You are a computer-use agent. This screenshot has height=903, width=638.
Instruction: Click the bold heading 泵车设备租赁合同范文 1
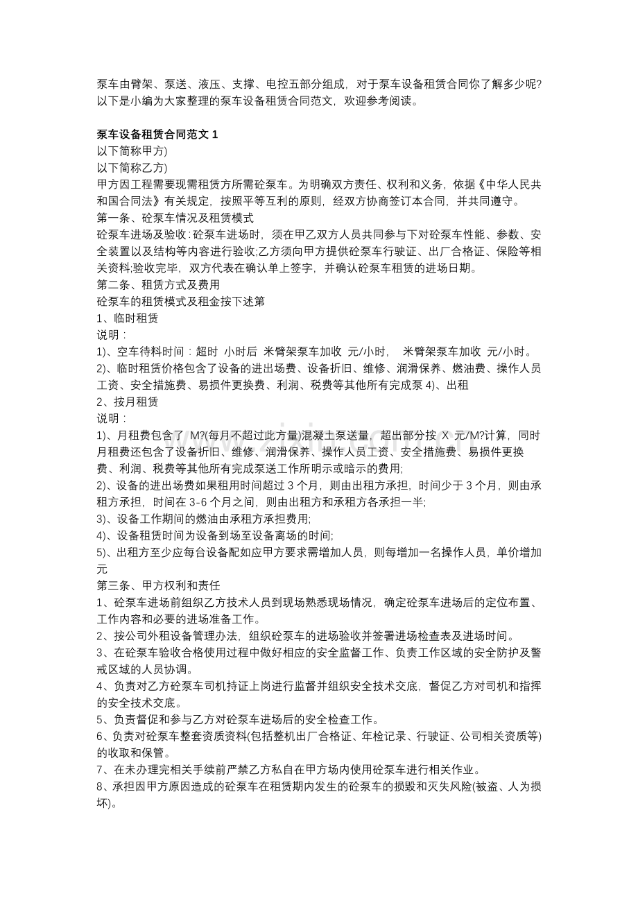157,134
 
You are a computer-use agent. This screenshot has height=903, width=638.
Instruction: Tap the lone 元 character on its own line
102,569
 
